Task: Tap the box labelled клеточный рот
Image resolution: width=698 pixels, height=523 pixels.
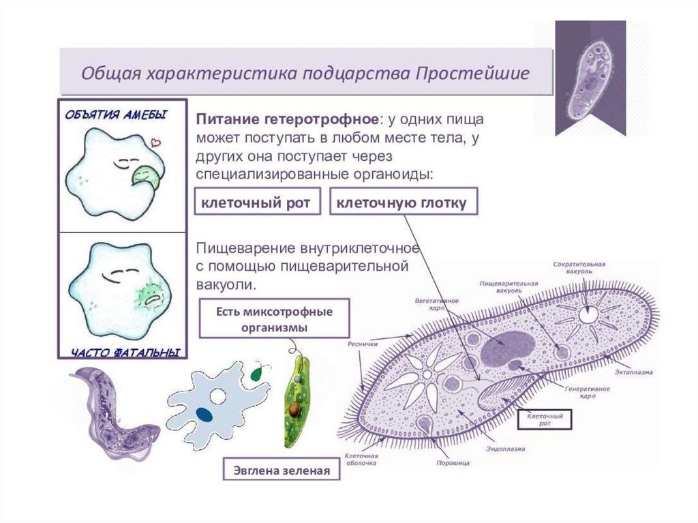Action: coord(257,203)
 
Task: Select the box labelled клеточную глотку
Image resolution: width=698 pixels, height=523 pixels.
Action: coord(403,203)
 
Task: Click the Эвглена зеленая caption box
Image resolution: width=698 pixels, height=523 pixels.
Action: coord(282,470)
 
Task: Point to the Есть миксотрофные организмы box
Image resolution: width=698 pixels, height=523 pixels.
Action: coord(274,319)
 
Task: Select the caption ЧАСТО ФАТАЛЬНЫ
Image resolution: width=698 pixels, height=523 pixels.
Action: coord(125,353)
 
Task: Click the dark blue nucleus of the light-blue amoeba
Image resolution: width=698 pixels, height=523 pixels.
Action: coord(202,413)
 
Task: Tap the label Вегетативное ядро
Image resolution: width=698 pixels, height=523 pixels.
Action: coord(437,303)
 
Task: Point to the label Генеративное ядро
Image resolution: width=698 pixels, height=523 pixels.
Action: coord(586,392)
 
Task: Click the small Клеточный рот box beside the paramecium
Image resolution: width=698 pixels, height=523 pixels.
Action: coord(543,418)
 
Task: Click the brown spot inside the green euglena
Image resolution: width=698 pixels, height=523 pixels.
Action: coord(294,409)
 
